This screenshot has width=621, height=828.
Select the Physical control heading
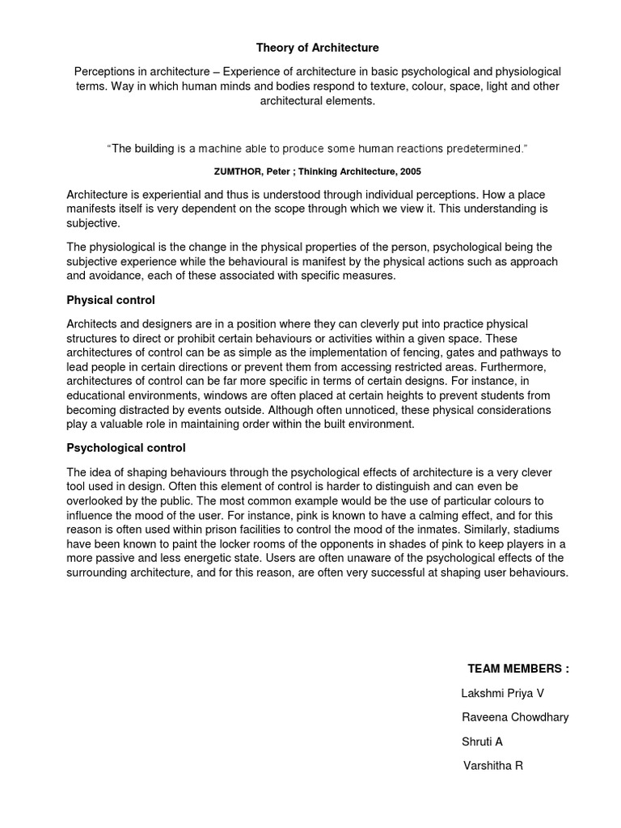tap(110, 300)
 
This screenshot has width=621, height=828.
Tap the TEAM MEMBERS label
tap(517, 669)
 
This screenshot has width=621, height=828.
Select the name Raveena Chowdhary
tap(514, 718)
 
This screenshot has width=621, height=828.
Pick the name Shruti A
tap(483, 741)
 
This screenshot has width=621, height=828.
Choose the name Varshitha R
tap(492, 765)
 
